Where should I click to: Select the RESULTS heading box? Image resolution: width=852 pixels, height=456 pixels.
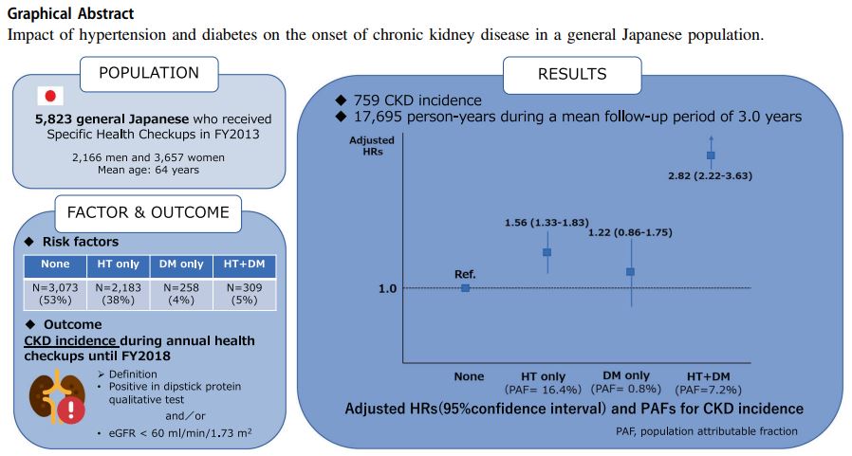[571, 74]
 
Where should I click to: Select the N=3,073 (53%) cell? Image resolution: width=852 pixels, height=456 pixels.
[55, 294]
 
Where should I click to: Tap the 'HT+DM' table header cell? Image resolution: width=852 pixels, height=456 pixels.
[242, 264]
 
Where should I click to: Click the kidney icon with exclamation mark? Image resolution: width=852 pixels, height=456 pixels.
[53, 398]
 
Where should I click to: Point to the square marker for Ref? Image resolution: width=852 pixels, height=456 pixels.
[465, 287]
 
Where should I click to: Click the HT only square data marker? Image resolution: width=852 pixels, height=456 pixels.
[547, 252]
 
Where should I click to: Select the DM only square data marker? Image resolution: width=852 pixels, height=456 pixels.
[630, 271]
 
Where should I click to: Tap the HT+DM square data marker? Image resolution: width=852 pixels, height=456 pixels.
[711, 155]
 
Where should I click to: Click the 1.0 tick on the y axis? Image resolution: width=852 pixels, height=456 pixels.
[387, 288]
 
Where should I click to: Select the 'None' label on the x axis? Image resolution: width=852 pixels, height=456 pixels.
[469, 376]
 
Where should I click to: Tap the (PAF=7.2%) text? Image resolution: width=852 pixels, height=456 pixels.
[708, 390]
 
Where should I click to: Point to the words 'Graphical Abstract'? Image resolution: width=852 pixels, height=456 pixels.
[70, 13]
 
